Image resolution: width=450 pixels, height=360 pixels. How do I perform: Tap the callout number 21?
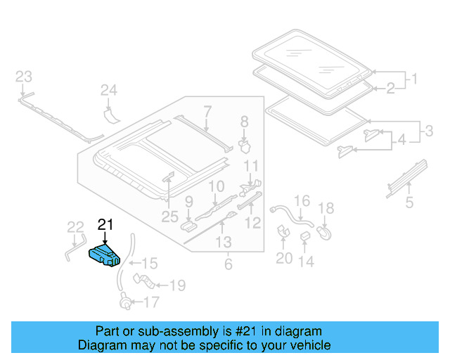point(105,225)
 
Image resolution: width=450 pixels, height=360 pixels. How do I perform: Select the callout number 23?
point(24,76)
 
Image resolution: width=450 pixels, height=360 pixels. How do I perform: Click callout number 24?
point(108,90)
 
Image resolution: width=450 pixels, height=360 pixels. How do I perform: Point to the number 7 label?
point(207,110)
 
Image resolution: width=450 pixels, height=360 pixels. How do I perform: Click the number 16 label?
point(301,202)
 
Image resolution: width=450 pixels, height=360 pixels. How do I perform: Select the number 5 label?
point(409,204)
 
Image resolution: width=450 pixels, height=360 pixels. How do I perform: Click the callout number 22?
point(75,226)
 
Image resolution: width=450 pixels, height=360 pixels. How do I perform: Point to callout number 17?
point(151,303)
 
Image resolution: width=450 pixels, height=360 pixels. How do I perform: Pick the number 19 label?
point(177,285)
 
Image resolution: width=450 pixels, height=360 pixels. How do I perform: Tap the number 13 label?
point(223,243)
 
